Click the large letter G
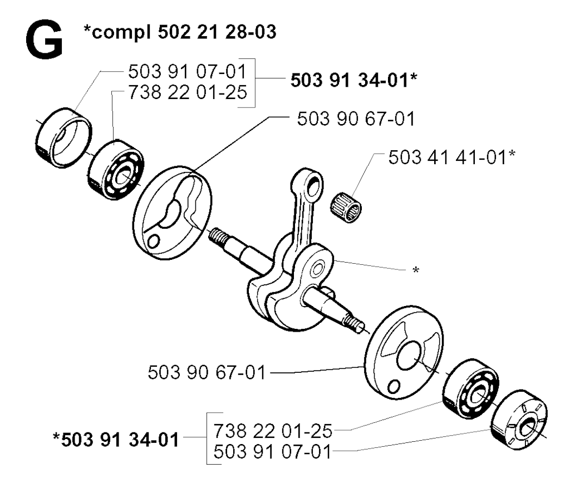[x=45, y=40]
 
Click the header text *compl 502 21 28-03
[x=180, y=32]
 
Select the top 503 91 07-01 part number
[x=188, y=71]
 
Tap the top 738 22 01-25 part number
[x=188, y=92]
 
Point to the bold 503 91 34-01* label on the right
[x=353, y=80]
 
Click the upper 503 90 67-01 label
[x=356, y=119]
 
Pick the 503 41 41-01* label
[x=452, y=157]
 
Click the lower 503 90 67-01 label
[x=207, y=372]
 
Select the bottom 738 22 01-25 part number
[x=273, y=431]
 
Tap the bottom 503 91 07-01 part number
[x=273, y=452]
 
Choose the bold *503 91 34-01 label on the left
[x=116, y=440]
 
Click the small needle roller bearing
[x=346, y=208]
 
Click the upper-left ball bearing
[x=116, y=170]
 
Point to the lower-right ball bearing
[x=471, y=388]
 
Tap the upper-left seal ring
[x=63, y=137]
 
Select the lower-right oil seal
[x=519, y=420]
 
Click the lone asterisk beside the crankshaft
[x=416, y=270]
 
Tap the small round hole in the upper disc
[x=154, y=241]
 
